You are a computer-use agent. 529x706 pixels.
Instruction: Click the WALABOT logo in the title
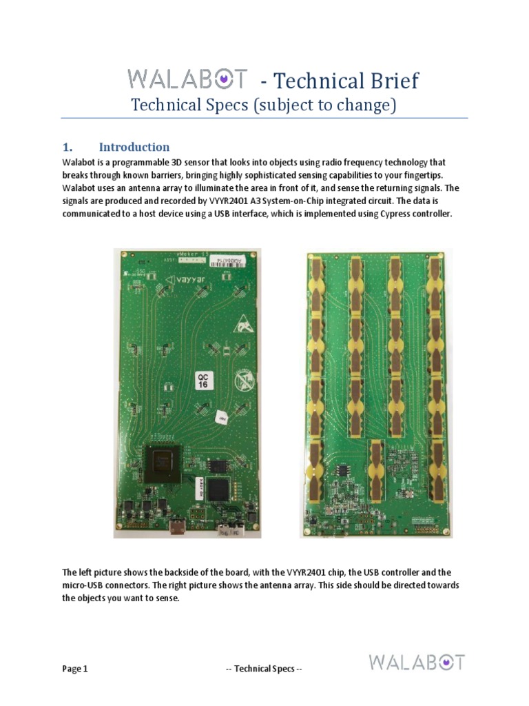(x=186, y=79)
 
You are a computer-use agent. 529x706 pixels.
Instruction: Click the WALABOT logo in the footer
(x=417, y=663)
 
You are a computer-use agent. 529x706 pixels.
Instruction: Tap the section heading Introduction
(x=134, y=147)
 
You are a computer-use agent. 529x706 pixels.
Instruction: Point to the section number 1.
(x=68, y=147)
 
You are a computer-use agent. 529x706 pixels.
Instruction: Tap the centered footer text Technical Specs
(x=264, y=669)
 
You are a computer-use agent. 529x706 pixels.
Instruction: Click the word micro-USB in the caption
(x=85, y=585)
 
